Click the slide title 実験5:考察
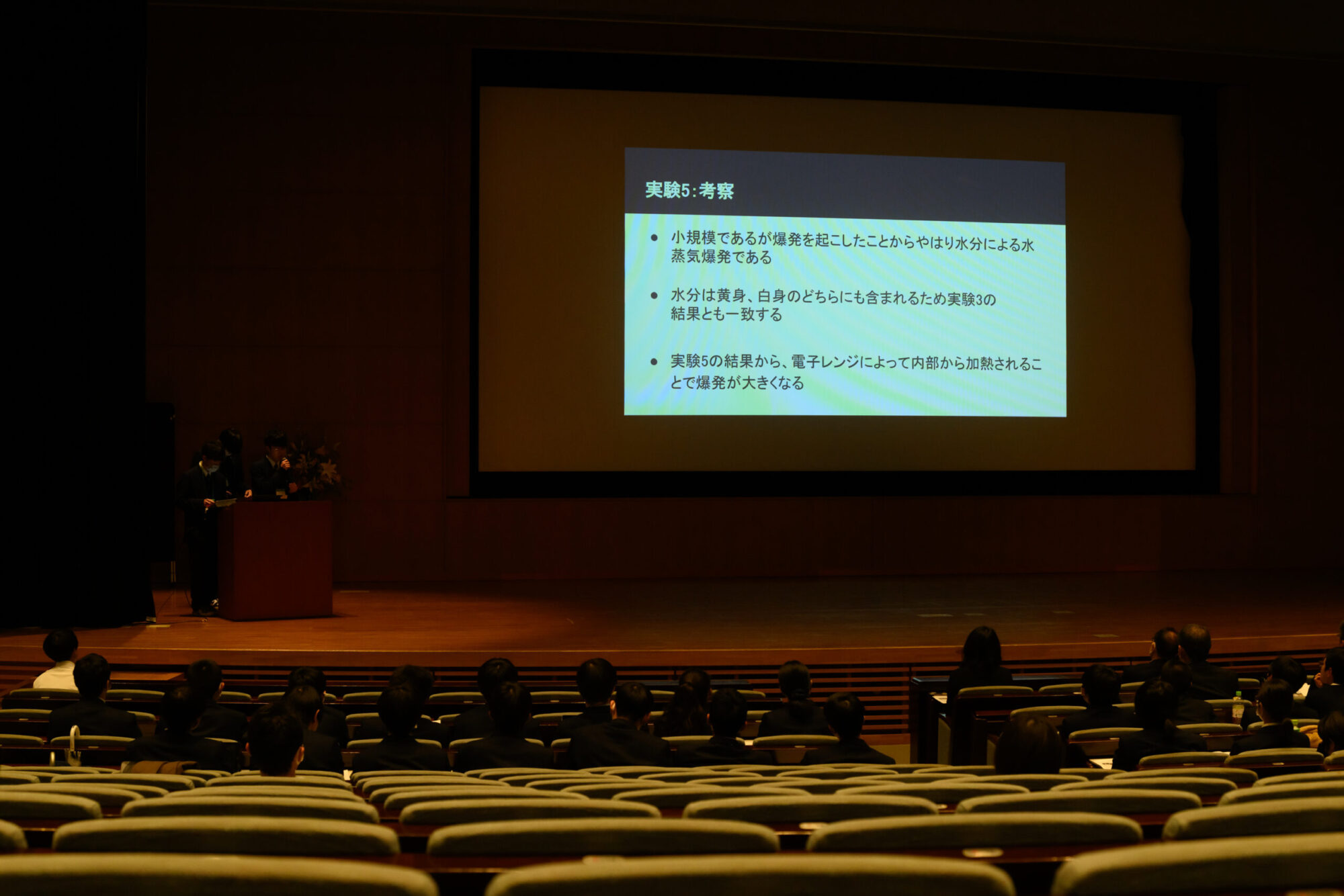click(x=689, y=191)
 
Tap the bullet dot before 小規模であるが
click(x=654, y=238)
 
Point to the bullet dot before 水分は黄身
click(x=654, y=296)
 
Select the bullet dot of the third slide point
click(x=654, y=362)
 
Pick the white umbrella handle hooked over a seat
click(x=73, y=745)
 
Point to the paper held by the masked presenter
click(x=225, y=502)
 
